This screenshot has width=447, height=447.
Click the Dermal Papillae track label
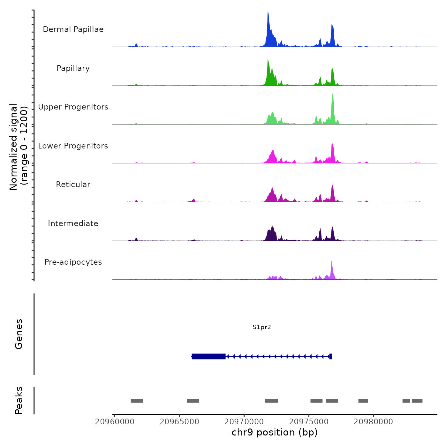pyautogui.click(x=73, y=29)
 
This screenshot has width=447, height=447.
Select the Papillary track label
pyautogui.click(x=73, y=68)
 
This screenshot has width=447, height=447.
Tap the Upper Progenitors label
pyautogui.click(x=73, y=107)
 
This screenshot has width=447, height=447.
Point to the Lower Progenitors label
pyautogui.click(x=73, y=146)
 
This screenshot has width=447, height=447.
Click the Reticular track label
pyautogui.click(x=73, y=185)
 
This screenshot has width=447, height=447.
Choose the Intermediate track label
pyautogui.click(x=73, y=223)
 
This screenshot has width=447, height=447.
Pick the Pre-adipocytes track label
pyautogui.click(x=73, y=262)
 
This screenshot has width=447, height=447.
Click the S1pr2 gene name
pyautogui.click(x=261, y=327)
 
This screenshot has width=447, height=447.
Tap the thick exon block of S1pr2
pyautogui.click(x=208, y=356)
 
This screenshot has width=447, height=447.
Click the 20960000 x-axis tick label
pyautogui.click(x=115, y=422)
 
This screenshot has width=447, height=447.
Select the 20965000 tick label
pyautogui.click(x=179, y=422)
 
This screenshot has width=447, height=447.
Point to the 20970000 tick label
pyautogui.click(x=244, y=422)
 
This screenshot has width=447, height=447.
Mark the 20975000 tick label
pyautogui.click(x=309, y=422)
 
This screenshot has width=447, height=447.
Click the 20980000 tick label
pyautogui.click(x=373, y=422)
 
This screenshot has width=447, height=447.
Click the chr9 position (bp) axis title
pyautogui.click(x=275, y=433)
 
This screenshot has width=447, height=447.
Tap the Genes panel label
pyautogui.click(x=19, y=334)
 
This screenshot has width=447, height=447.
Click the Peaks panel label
pyautogui.click(x=19, y=400)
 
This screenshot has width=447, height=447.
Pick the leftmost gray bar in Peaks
pyautogui.click(x=137, y=401)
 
